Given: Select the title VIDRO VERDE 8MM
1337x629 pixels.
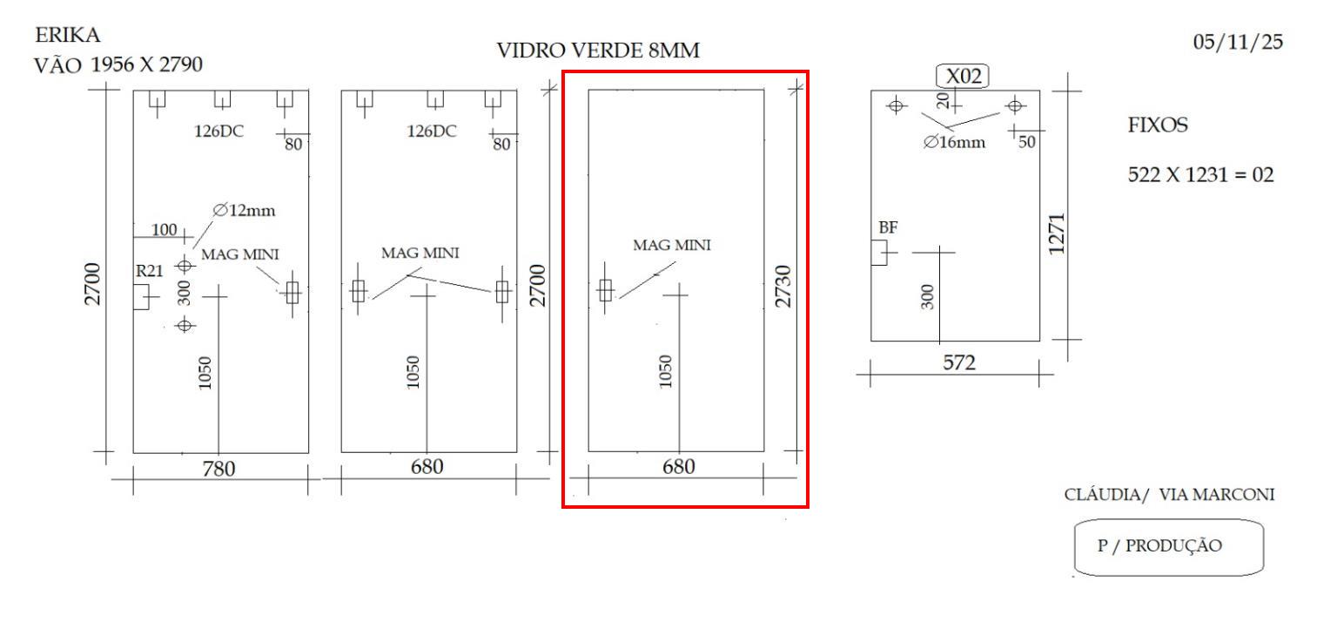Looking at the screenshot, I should (x=597, y=52).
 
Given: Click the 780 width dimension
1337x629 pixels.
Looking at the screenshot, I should (x=218, y=469).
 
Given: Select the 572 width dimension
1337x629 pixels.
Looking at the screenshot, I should (x=960, y=363).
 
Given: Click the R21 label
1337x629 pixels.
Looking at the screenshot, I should (x=149, y=271).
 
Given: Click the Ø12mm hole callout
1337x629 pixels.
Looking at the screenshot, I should (x=237, y=210).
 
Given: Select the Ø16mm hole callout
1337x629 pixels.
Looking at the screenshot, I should (x=955, y=142).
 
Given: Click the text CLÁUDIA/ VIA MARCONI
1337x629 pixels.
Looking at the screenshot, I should (x=1170, y=495).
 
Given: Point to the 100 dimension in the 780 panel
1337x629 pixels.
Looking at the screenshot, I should (x=164, y=229).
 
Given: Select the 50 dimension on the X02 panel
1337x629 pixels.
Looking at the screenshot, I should (x=1027, y=142).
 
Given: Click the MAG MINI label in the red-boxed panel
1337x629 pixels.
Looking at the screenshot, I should (x=671, y=246).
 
